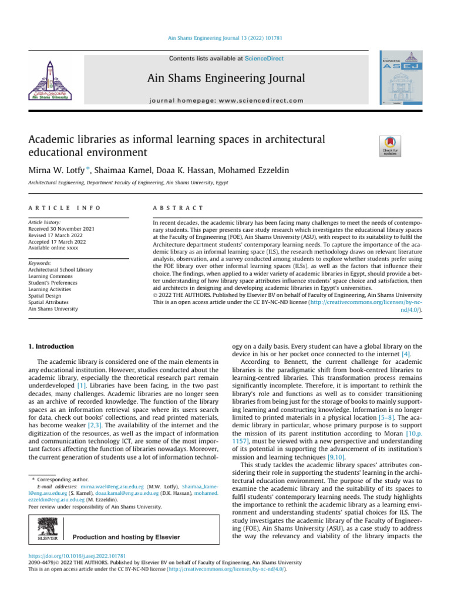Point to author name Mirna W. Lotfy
coord(56,170)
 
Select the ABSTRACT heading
coord(178,208)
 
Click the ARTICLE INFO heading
coord(65,208)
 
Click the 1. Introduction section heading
coord(51,347)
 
